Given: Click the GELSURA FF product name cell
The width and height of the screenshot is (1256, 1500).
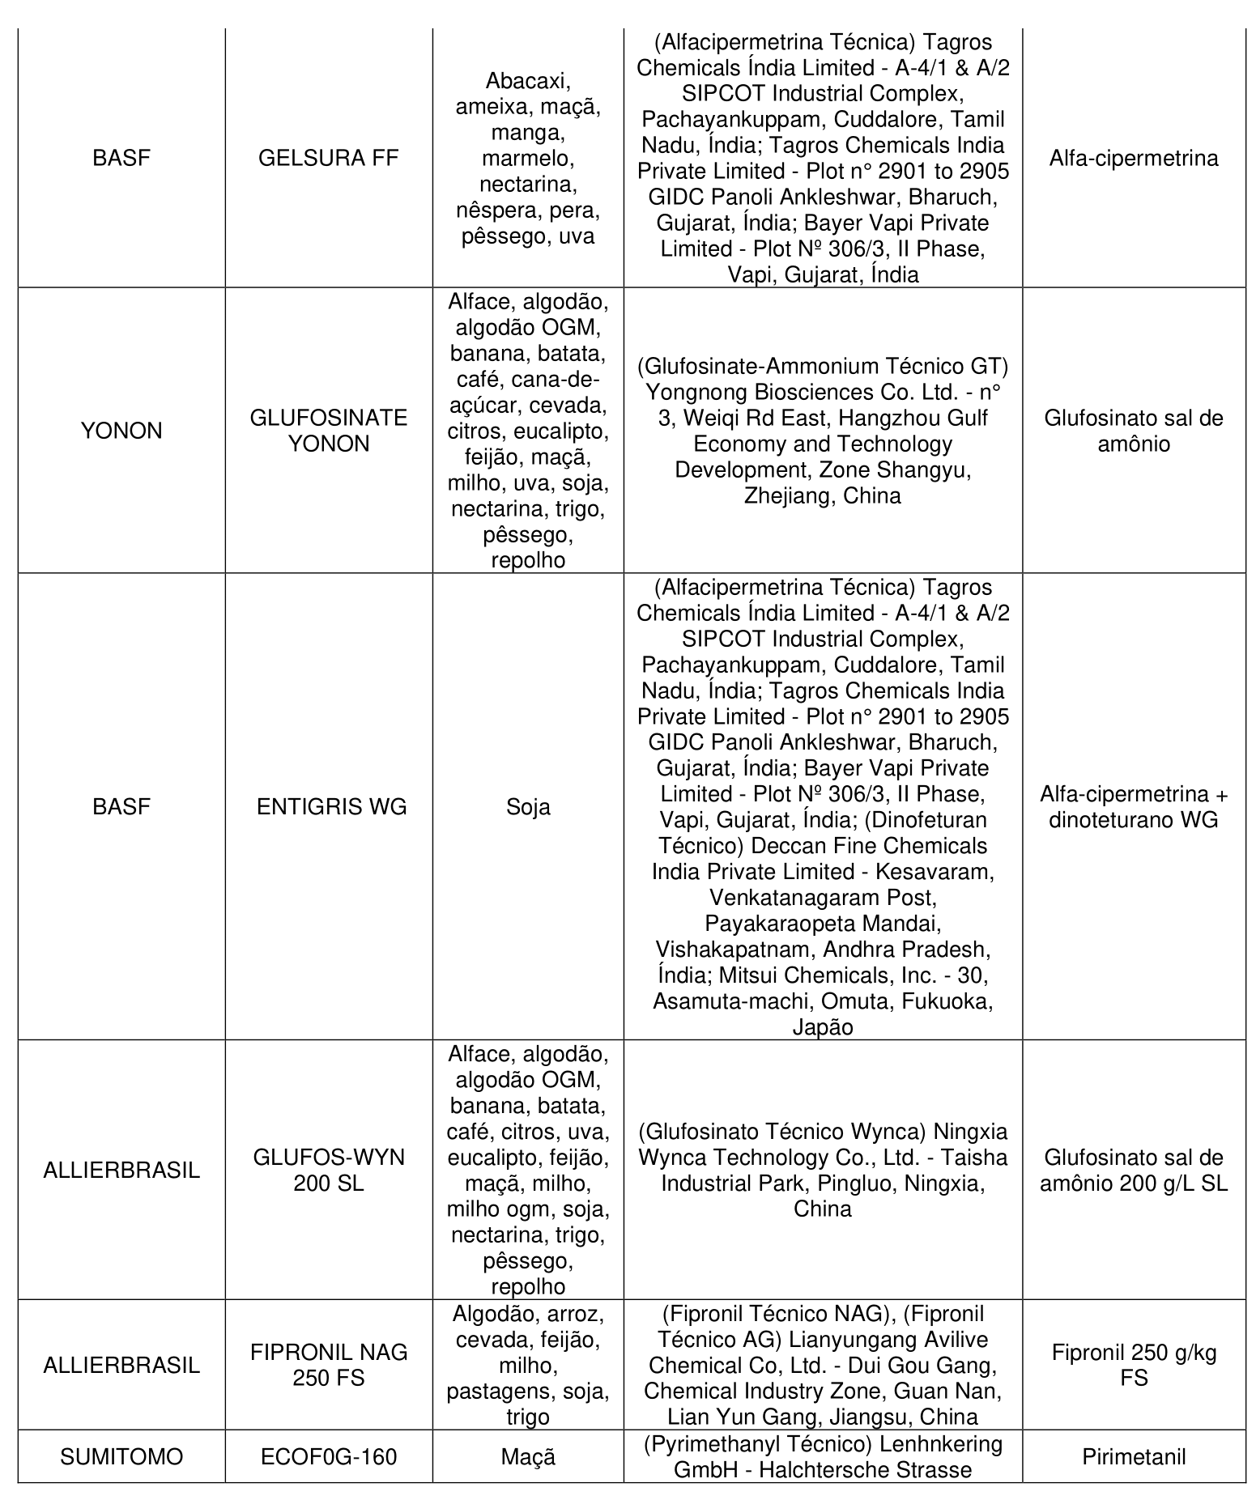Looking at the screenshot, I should tap(328, 158).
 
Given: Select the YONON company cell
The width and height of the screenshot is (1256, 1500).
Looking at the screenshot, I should tap(121, 431).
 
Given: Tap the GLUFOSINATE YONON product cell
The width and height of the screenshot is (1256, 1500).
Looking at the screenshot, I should tap(328, 431).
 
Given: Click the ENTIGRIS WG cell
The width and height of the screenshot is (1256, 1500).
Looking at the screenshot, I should tap(331, 807).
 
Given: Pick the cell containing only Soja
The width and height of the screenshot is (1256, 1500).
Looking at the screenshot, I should tap(528, 807).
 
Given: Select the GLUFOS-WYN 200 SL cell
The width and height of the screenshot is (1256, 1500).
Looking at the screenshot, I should tap(328, 1170).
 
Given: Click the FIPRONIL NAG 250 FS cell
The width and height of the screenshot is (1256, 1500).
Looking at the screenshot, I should tap(328, 1365).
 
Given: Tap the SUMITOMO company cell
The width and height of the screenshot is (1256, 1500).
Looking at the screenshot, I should tap(121, 1457).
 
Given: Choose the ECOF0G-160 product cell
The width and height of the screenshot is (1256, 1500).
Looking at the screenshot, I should tap(328, 1457).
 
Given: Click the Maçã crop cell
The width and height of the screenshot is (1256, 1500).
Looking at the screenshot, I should tap(528, 1457).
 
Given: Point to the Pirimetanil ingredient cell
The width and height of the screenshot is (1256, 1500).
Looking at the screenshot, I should tap(1134, 1457).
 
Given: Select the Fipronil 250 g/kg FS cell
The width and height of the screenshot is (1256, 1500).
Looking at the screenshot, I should tap(1134, 1365).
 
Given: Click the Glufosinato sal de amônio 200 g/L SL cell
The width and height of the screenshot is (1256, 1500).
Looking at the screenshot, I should tap(1134, 1170).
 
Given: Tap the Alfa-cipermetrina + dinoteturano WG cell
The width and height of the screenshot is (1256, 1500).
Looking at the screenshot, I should tap(1134, 807).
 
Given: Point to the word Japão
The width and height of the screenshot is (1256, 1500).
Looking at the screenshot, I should tap(823, 1027).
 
